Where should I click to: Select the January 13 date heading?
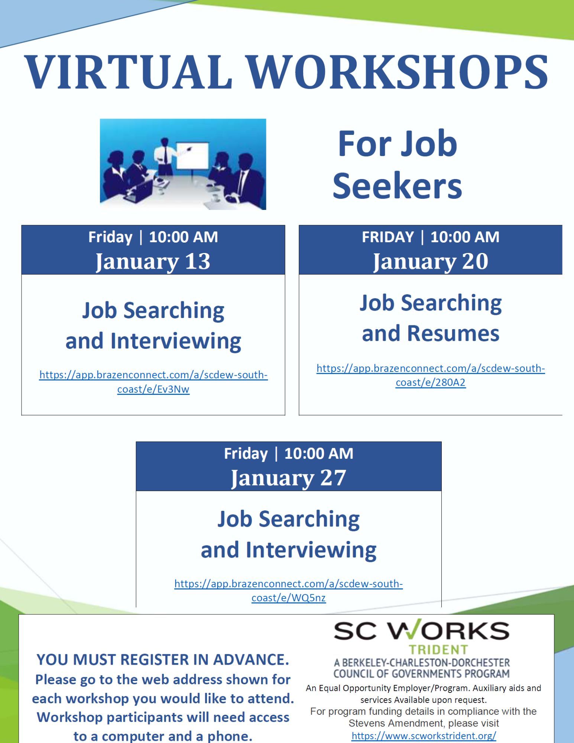(153, 261)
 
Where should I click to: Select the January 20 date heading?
(430, 261)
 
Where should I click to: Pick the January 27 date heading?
(288, 478)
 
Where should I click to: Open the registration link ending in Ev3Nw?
(153, 382)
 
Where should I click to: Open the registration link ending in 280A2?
(431, 375)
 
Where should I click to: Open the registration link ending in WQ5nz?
(289, 591)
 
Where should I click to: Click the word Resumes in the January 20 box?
(453, 333)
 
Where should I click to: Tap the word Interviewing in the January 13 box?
(176, 341)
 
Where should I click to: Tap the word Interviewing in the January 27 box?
(311, 550)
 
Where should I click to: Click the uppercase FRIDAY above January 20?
(388, 237)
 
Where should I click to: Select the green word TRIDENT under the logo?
(439, 650)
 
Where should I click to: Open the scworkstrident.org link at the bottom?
(424, 736)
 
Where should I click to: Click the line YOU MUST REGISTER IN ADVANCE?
(163, 659)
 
